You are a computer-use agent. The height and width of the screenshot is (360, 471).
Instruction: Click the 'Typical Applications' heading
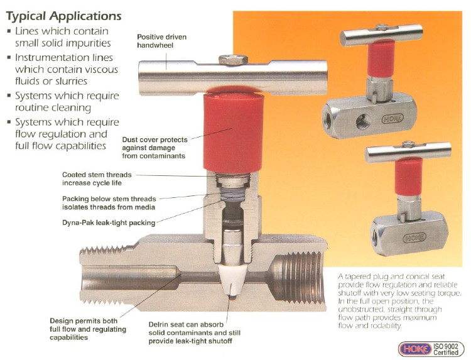(x=63, y=16)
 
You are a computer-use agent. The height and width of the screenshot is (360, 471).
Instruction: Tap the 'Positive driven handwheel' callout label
(x=161, y=41)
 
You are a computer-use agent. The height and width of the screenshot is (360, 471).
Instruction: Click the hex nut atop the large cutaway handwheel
(x=233, y=60)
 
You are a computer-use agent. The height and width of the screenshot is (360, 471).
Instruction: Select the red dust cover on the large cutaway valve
(x=234, y=132)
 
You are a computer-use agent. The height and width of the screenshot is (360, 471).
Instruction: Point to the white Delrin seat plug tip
(x=232, y=280)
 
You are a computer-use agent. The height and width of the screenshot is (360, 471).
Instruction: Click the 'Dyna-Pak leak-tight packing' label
(x=109, y=223)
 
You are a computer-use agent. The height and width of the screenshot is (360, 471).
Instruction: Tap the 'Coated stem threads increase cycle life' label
(x=97, y=179)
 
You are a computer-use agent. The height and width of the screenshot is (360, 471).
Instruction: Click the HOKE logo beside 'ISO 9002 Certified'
(x=416, y=349)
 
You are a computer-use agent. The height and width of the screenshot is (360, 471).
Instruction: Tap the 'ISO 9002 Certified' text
(x=446, y=349)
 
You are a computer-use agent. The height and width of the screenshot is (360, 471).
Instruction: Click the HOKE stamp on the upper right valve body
(x=392, y=118)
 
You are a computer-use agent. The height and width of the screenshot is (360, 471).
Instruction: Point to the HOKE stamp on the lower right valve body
(x=414, y=237)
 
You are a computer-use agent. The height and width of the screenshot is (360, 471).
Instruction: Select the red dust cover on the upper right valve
(x=381, y=59)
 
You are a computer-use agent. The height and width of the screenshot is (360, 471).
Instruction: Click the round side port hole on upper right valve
(x=363, y=121)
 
